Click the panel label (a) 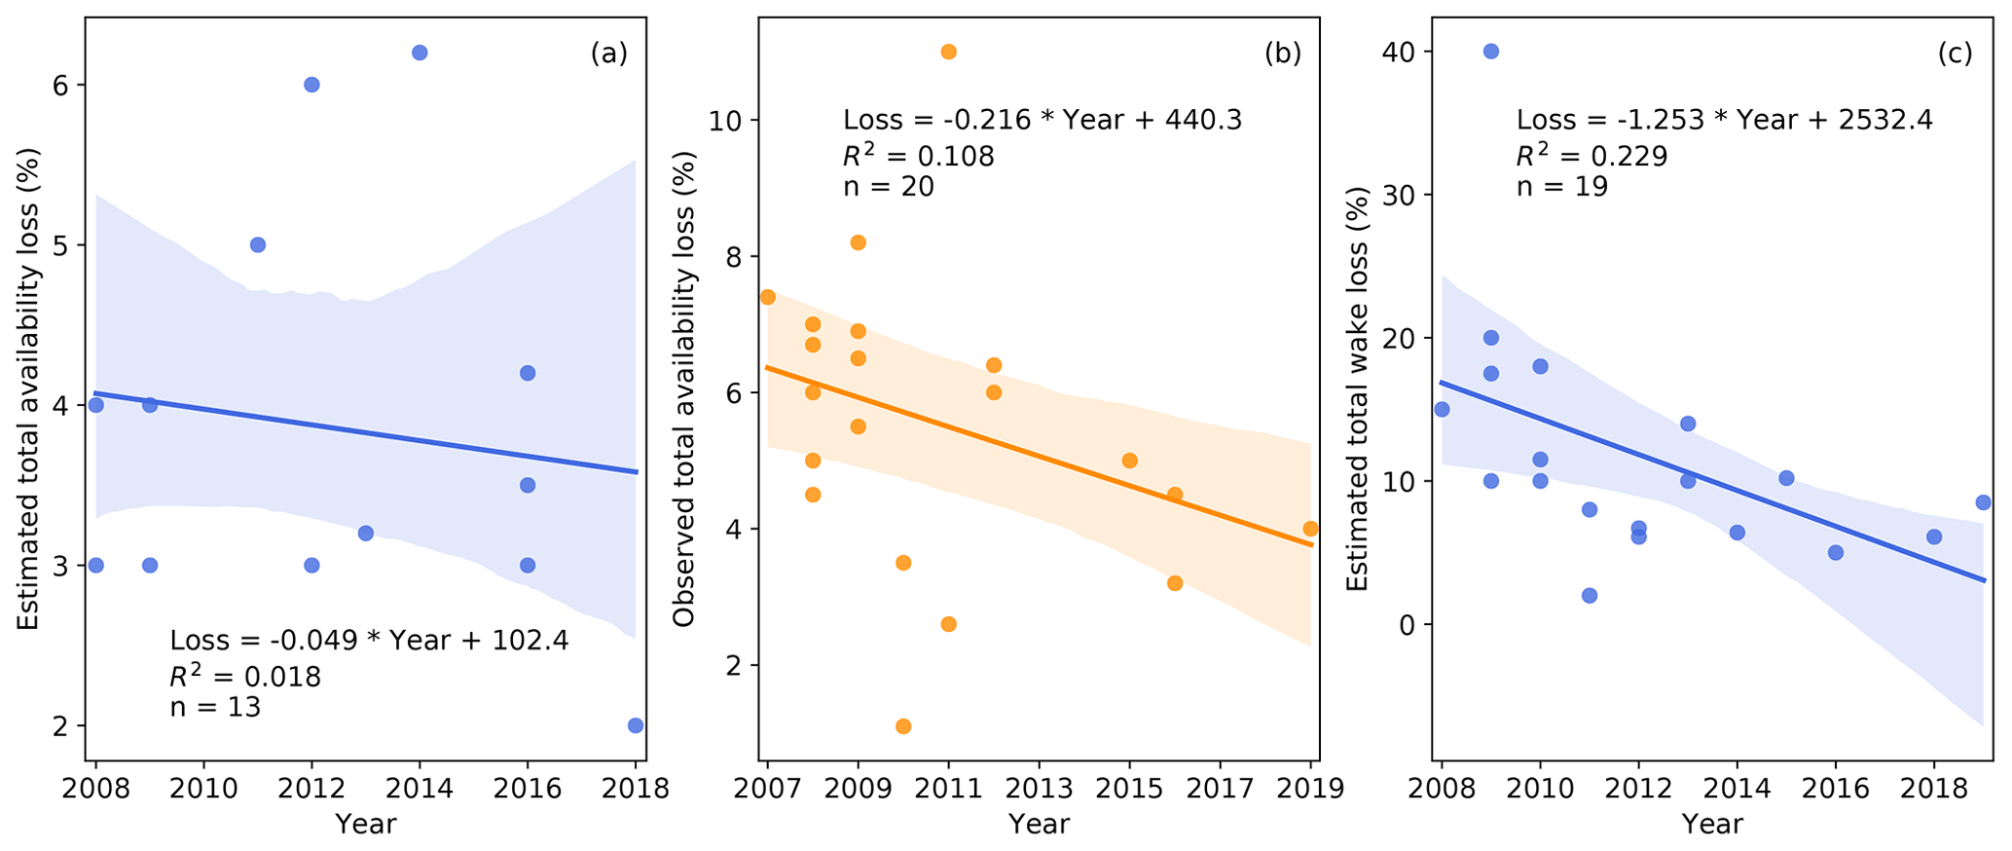pyautogui.click(x=608, y=54)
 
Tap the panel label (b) pyautogui.click(x=1282, y=54)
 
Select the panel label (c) pyautogui.click(x=1955, y=54)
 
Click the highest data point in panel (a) pyautogui.click(x=420, y=53)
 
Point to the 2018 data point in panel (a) pyautogui.click(x=636, y=725)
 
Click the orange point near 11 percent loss pyautogui.click(x=949, y=52)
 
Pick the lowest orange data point pyautogui.click(x=903, y=726)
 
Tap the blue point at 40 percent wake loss pyautogui.click(x=1490, y=51)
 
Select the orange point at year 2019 pyautogui.click(x=1310, y=529)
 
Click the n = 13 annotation pyautogui.click(x=215, y=707)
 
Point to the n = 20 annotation pyautogui.click(x=889, y=186)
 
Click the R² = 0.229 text pyautogui.click(x=1591, y=155)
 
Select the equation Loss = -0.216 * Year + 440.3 pyautogui.click(x=1042, y=120)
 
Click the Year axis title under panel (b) pyautogui.click(x=1039, y=825)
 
